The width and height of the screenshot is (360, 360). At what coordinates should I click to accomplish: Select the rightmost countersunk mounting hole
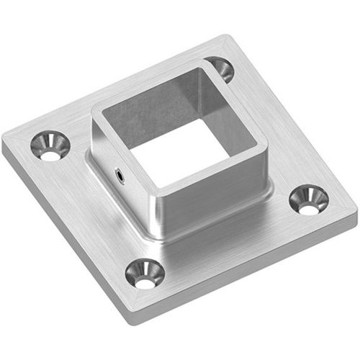pos(307,200)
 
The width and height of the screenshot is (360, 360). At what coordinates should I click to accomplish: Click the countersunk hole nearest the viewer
pos(145,274)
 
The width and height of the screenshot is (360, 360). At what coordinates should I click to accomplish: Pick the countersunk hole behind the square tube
pos(219,69)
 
